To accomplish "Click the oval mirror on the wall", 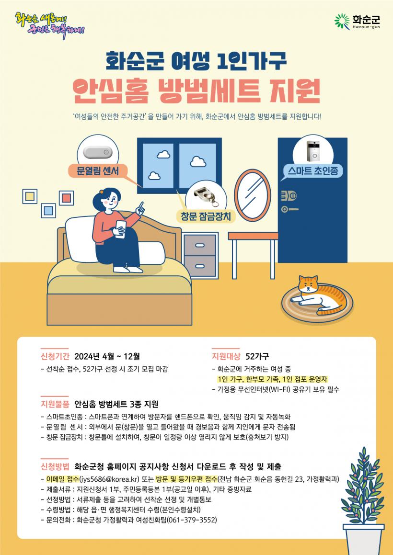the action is (253, 195).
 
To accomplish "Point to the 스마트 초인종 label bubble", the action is (313, 171).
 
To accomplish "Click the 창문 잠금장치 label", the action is (206, 216).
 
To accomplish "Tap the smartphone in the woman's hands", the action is (120, 228).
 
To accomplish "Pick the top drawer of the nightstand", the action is (200, 244).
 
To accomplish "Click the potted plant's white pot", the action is (363, 539).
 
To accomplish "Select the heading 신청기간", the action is (55, 356).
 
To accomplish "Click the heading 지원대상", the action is (226, 356).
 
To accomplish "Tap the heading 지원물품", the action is (55, 404).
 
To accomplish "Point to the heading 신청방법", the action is (55, 466).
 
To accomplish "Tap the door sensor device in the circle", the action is (97, 152).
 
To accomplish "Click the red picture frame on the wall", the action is (66, 198).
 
